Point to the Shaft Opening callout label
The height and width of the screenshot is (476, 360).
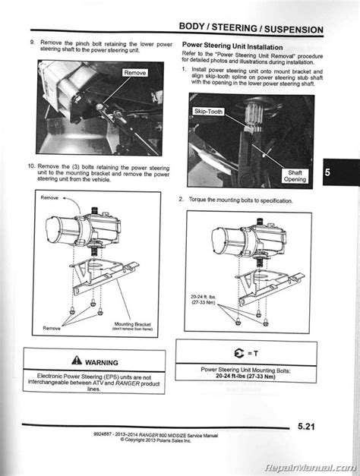[x=295, y=175]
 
